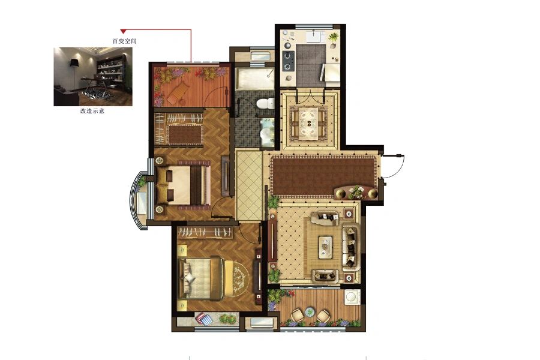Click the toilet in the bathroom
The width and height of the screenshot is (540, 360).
266,104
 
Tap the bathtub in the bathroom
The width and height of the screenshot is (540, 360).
255,79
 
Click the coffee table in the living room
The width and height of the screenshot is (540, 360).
325,247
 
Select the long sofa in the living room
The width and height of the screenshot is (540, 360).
350,247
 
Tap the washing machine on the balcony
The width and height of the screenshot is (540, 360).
353,298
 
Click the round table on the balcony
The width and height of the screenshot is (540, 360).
310,312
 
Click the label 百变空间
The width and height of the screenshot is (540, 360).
125,41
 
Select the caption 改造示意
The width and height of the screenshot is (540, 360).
92,111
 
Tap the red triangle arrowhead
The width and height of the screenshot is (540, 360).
123,31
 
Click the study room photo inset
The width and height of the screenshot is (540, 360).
93,76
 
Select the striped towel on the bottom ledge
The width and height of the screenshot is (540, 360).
204,319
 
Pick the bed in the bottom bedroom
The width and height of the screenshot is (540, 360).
202,278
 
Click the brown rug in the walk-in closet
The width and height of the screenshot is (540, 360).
185,134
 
